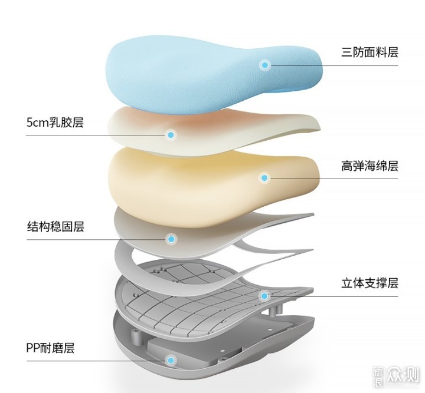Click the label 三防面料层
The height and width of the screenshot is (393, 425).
pyautogui.click(x=370, y=52)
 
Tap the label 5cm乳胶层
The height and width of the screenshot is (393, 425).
pyautogui.click(x=55, y=122)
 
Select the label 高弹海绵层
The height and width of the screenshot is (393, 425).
pyautogui.click(x=370, y=166)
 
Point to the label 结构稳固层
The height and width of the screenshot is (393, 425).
pyautogui.click(x=55, y=227)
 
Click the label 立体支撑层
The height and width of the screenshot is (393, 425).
pyautogui.click(x=370, y=283)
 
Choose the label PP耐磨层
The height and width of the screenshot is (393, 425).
pyautogui.click(x=50, y=348)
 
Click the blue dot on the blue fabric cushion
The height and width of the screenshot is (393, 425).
pyautogui.click(x=265, y=65)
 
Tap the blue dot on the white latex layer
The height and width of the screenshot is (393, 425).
pyautogui.click(x=171, y=135)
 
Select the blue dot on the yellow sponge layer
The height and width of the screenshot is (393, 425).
pyautogui.click(x=264, y=178)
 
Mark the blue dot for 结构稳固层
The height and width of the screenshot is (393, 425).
pyautogui.click(x=171, y=239)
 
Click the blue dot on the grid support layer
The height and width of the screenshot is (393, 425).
pyautogui.click(x=264, y=296)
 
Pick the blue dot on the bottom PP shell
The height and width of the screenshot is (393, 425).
pyautogui.click(x=171, y=360)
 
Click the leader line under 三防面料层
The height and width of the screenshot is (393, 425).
pyautogui.click(x=333, y=65)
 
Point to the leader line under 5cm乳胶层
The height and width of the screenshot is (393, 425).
pyautogui.click(x=97, y=136)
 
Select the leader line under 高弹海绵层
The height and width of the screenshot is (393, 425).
pyautogui.click(x=333, y=179)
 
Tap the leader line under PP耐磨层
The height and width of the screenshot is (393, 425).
pyautogui.click(x=97, y=361)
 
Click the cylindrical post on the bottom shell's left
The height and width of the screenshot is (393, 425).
pyautogui.click(x=136, y=337)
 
